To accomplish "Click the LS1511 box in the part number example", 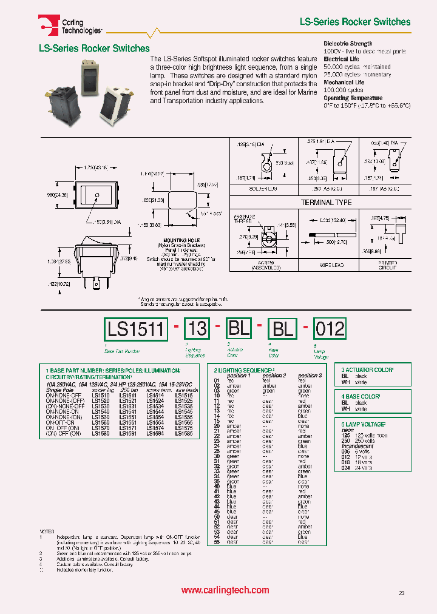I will pos(135,329).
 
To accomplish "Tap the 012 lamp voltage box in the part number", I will pos(329,329).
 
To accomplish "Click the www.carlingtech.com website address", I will pos(225,590).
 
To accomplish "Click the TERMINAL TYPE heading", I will pos(326,202).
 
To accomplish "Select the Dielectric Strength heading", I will pos(348,44).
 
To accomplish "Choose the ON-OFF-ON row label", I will pos(63,423).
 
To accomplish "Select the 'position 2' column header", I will pos(273,376).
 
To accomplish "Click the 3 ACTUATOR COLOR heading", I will pos(367,369).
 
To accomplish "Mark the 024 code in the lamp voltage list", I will pos(345,468).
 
